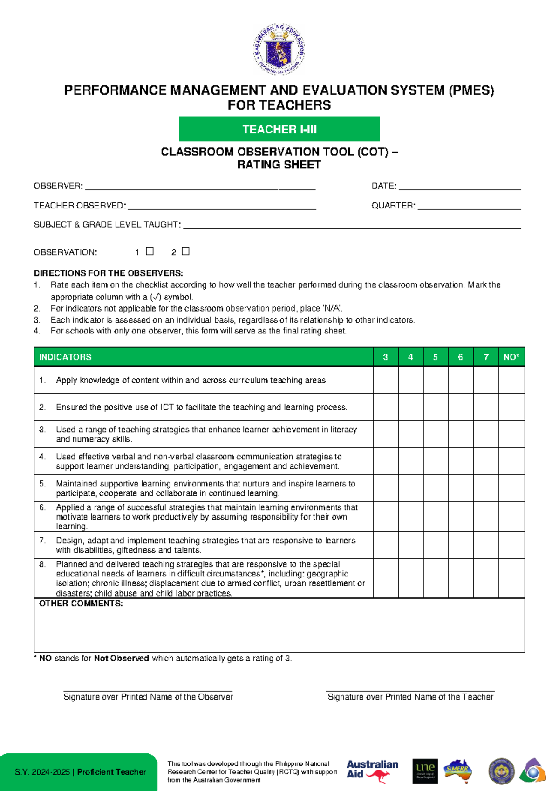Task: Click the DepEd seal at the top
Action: pos(279,49)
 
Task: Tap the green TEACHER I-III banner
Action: pos(279,129)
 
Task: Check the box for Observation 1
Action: pos(150,251)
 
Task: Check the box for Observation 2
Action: pos(185,251)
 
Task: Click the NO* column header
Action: pos(511,357)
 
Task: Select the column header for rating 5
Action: pos(436,357)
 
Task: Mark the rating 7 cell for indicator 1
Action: pos(486,380)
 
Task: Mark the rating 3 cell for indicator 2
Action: pos(385,407)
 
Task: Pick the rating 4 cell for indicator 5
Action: pos(410,488)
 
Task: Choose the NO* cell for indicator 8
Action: pos(511,578)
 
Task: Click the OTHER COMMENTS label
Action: pos(81,604)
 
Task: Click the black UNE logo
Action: pos(425,770)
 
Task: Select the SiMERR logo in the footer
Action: pos(457,770)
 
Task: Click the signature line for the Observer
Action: pos(148,689)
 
